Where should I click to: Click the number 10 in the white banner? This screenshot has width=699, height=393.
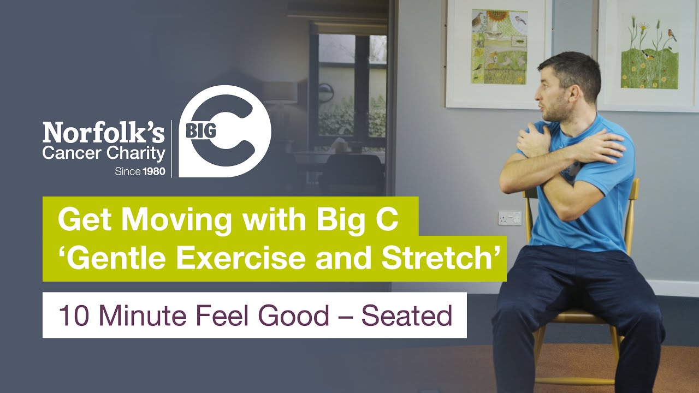[71, 315]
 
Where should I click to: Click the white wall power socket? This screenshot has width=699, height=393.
[510, 218]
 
